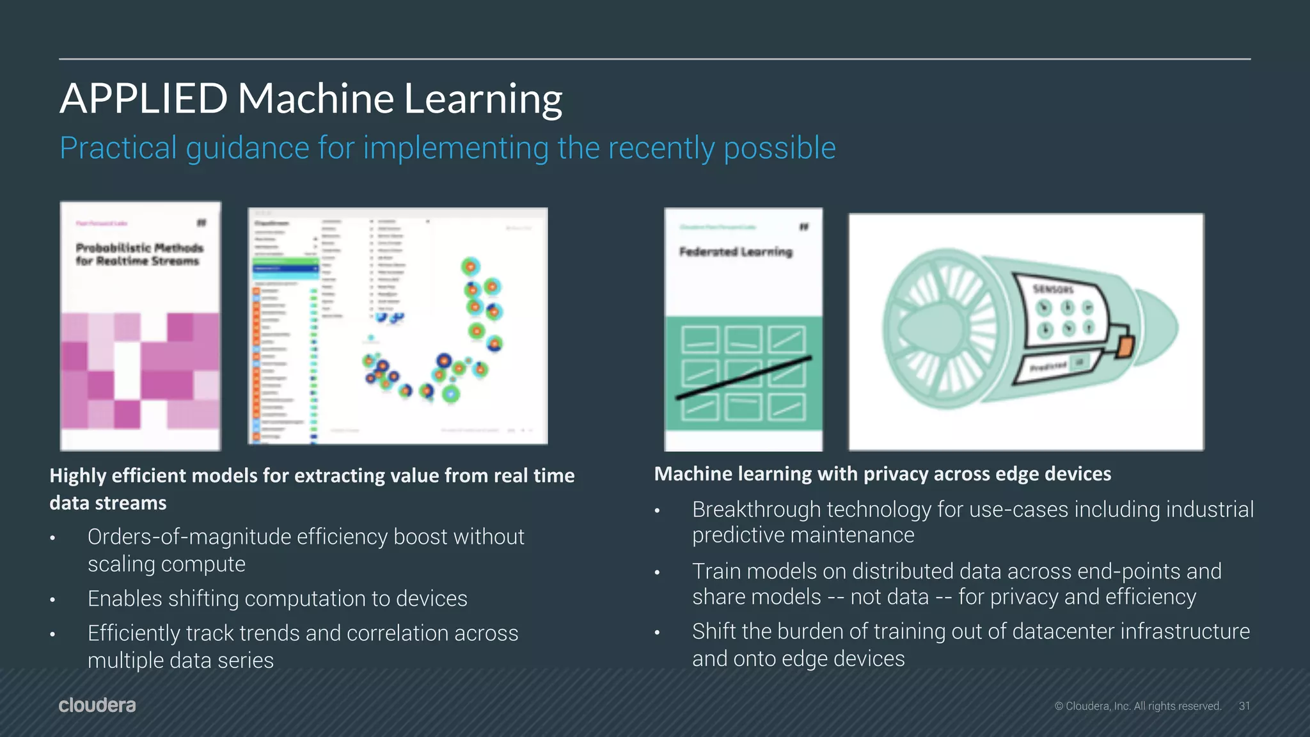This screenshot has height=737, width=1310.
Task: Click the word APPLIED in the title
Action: pos(143,99)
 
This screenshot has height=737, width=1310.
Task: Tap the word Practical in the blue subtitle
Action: pos(118,148)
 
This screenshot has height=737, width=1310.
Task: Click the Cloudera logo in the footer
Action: pos(97,705)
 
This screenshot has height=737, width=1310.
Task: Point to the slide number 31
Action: pos(1244,706)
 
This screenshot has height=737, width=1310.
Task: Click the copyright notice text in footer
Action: pos(1138,706)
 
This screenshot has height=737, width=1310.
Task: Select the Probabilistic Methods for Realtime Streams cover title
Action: pos(139,254)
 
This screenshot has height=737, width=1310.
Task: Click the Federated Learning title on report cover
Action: pos(736,252)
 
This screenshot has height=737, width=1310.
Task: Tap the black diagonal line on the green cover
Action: pos(743,378)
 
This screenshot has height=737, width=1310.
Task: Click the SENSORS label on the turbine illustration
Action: pos(1053,289)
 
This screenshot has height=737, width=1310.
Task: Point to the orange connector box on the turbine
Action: pos(1125,346)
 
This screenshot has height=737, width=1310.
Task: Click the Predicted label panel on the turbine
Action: pos(1049,367)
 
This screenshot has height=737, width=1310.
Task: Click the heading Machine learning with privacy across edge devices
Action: pos(882,474)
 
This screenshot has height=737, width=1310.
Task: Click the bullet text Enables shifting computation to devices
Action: pos(277,599)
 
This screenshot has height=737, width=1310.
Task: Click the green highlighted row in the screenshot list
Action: pos(285,262)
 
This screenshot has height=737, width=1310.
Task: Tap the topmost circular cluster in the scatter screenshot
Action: pos(470,266)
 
